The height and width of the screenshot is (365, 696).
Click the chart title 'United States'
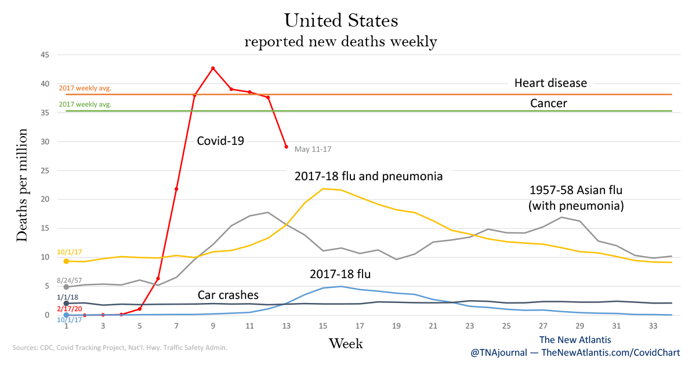click(x=341, y=21)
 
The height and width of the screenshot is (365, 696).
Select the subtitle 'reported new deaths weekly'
click(x=340, y=42)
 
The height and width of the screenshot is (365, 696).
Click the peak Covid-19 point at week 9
click(x=213, y=68)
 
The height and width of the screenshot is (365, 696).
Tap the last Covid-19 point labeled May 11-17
click(x=286, y=147)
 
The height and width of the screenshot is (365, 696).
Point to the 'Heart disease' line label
click(x=550, y=83)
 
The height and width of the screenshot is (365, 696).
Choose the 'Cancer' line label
click(x=548, y=104)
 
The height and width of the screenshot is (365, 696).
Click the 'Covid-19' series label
click(x=220, y=140)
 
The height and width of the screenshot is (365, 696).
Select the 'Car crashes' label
click(x=229, y=294)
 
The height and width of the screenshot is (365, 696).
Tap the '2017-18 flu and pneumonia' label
click(x=368, y=176)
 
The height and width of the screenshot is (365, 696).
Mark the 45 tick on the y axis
click(x=45, y=55)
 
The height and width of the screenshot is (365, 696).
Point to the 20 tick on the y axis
click(x=45, y=199)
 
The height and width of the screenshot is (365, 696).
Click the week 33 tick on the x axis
click(x=654, y=326)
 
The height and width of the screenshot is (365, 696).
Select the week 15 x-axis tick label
click(x=322, y=326)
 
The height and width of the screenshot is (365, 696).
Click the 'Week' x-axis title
click(x=346, y=344)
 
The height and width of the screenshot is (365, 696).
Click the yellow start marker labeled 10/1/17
click(x=66, y=261)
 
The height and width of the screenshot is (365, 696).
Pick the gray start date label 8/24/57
click(x=68, y=280)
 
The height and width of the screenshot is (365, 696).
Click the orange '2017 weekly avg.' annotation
click(x=85, y=89)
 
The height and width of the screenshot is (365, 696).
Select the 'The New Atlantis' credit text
click(x=575, y=340)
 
